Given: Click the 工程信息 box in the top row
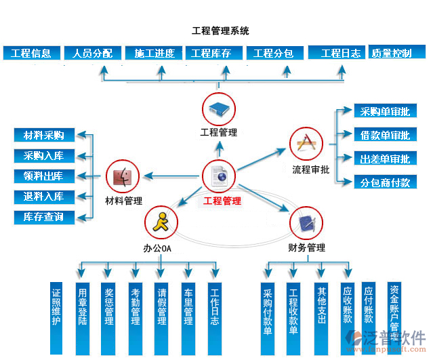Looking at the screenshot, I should [x=31, y=53].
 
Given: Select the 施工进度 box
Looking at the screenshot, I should [x=154, y=53].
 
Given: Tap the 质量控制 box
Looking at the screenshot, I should [x=391, y=53].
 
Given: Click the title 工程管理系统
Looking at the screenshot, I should [x=220, y=31].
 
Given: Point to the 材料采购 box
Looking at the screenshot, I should [x=44, y=136].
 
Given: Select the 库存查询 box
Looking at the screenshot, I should [x=44, y=217].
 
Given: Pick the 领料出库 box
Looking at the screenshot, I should [x=44, y=176].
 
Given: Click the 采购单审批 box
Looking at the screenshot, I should [x=384, y=112].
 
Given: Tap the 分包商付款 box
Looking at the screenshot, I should [x=384, y=182].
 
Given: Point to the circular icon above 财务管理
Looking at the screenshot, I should [x=306, y=222].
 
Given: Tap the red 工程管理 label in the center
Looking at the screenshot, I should [x=222, y=201].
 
